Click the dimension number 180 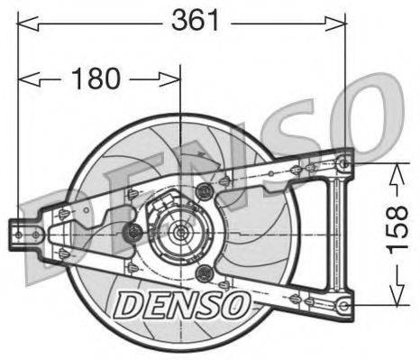click(x=95, y=78)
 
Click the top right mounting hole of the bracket click(x=342, y=162)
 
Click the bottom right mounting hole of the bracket click(x=342, y=305)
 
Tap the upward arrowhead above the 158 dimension click(x=394, y=169)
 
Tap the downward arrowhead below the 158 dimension click(x=394, y=300)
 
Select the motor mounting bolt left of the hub click(x=134, y=234)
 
